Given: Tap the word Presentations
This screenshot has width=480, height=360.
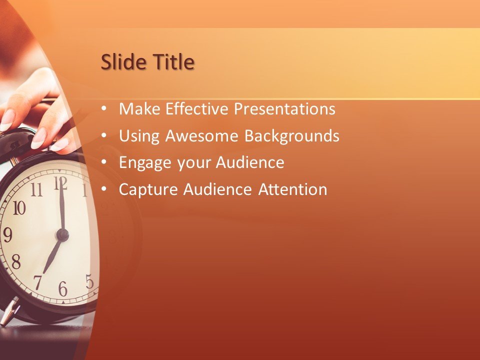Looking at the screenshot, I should tap(286, 108).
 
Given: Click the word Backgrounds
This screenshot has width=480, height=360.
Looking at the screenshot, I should tap(291, 135).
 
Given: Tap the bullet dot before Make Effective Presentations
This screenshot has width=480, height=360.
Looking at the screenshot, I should tap(103, 108).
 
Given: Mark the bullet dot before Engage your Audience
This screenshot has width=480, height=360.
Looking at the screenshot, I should tap(103, 162).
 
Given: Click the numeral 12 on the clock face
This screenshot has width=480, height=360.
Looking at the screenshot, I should tap(60, 183).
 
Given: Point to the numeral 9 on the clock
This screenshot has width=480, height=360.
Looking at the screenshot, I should tap(7, 234).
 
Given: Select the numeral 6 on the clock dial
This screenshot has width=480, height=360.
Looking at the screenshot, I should tap(62, 288).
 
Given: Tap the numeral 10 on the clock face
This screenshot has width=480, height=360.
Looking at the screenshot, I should tap(18, 207).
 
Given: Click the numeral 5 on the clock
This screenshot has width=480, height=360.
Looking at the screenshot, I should tap(89, 281).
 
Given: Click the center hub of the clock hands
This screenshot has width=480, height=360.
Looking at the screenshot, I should tap(62, 234).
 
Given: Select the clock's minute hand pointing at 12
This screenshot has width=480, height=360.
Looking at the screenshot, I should tap(61, 207).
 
